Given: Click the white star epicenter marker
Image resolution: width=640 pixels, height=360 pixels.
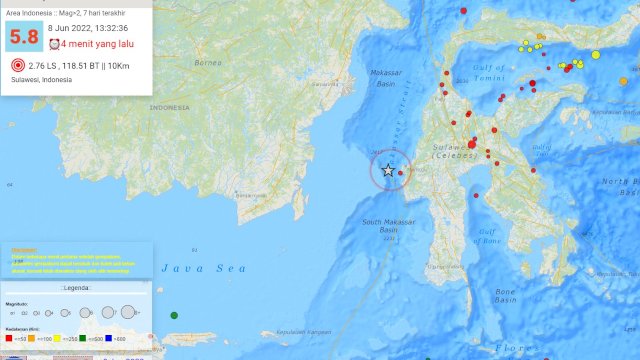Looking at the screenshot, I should pos(389,171).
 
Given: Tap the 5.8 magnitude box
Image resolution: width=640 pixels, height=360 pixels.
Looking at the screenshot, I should pos(22,39).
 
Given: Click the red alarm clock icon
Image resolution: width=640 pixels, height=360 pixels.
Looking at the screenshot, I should pos(54,44).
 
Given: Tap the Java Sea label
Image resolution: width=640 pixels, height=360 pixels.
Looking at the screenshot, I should pos(190,268).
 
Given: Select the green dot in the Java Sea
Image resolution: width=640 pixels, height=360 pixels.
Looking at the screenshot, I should pos(174,316).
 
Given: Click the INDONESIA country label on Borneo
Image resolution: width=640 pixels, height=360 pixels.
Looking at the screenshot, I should pos(174,107).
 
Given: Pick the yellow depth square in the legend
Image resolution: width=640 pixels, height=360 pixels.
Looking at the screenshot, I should pos(57,338).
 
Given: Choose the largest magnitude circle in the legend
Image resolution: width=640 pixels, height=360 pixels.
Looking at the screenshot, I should pos(129,312).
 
